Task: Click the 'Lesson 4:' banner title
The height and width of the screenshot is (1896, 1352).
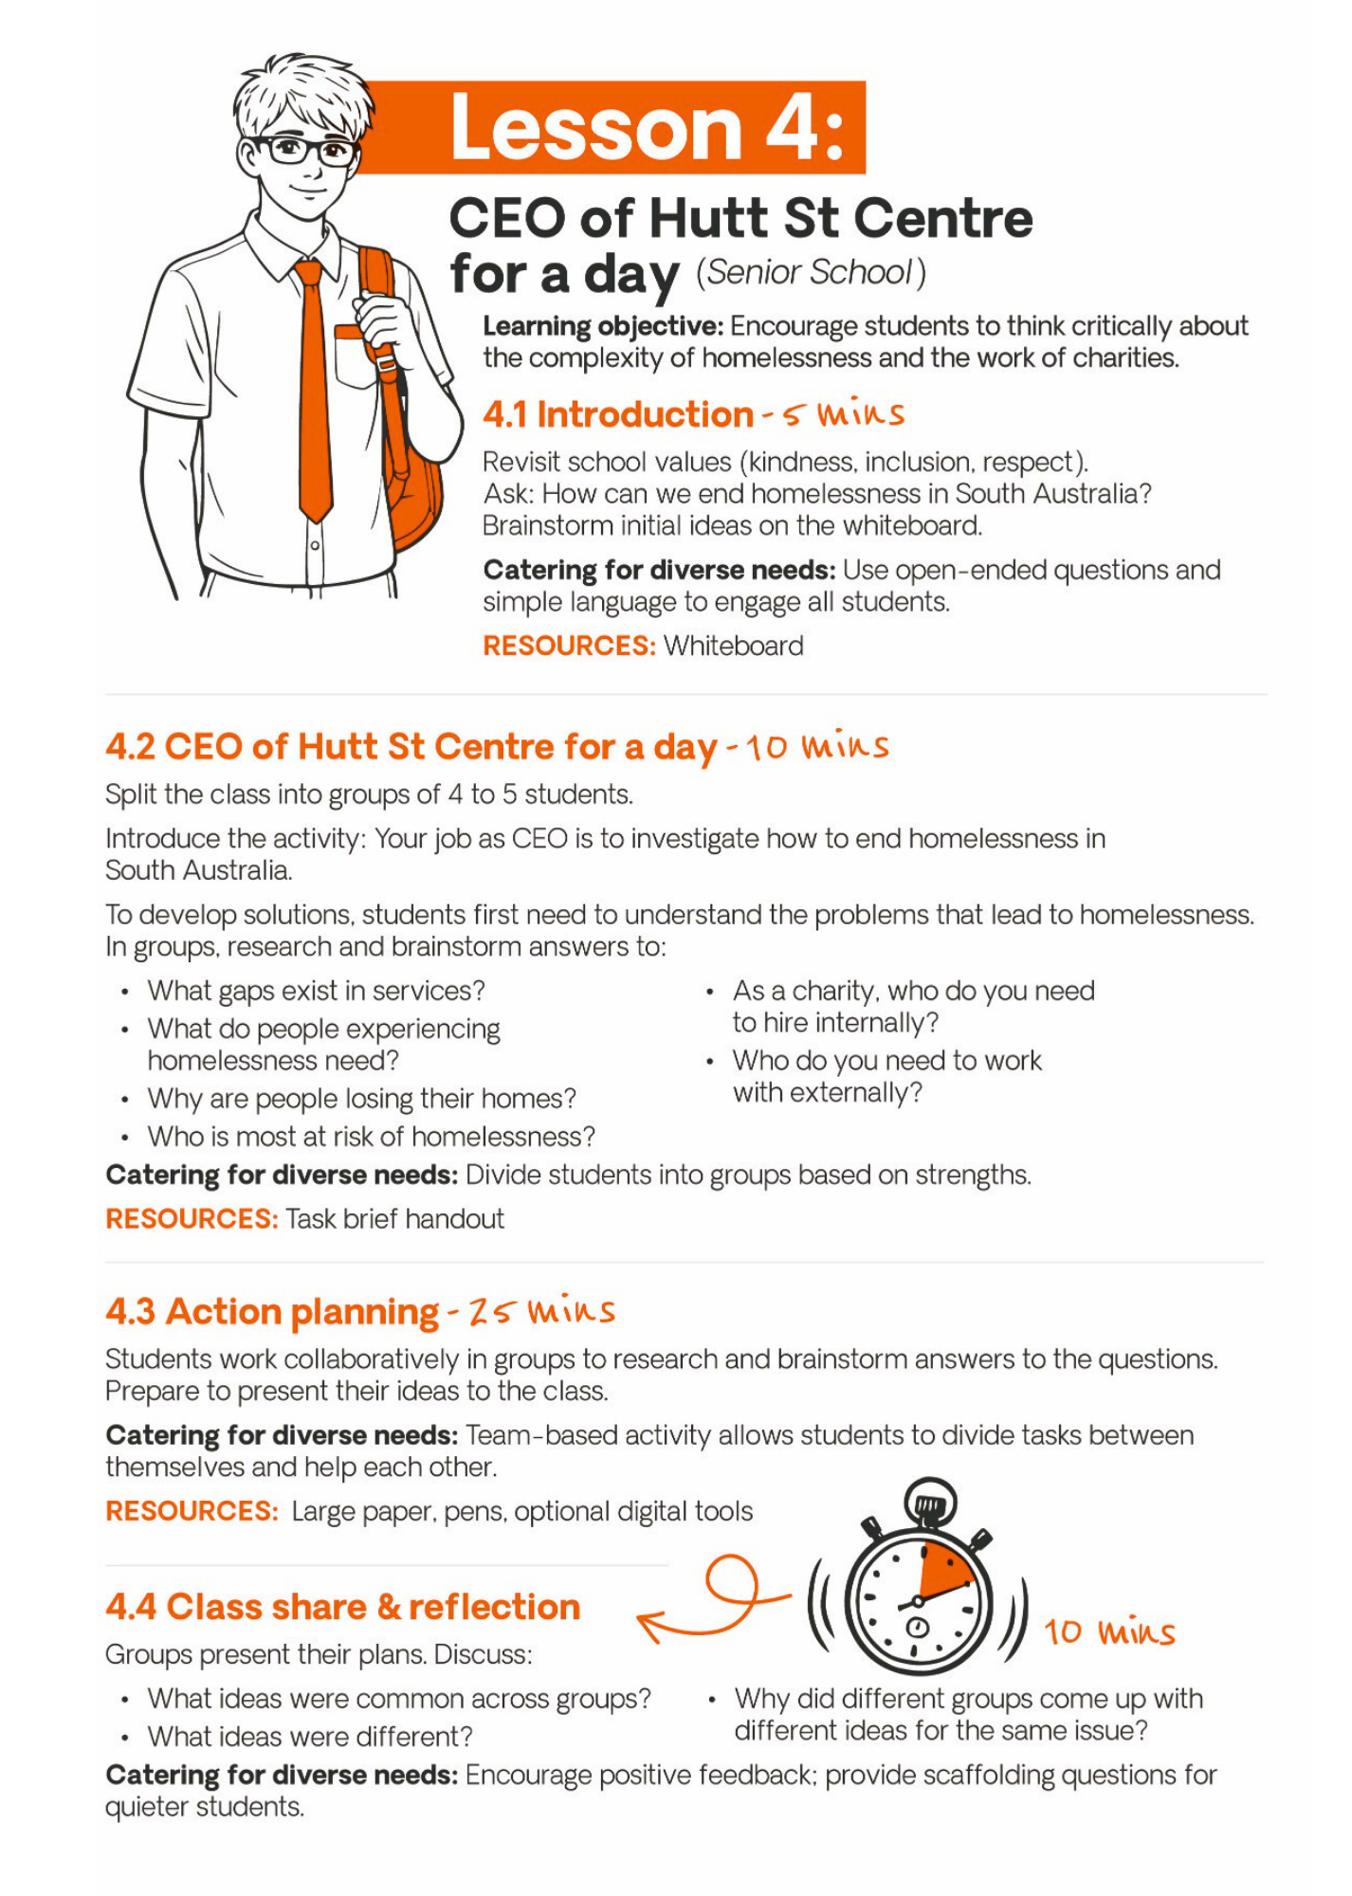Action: [x=647, y=128]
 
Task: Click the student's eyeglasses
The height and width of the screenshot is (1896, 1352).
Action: [x=302, y=151]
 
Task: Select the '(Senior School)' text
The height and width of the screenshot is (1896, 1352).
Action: [x=811, y=273]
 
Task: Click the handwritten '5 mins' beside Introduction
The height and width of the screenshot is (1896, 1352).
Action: [x=844, y=413]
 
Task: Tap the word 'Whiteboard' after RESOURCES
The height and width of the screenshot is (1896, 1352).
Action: [x=733, y=646]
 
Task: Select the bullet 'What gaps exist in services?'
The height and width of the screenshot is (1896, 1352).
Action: [x=316, y=991]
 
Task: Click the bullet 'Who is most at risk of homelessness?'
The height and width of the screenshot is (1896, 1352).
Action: [x=371, y=1137]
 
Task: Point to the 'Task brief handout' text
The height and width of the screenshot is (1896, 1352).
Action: [x=394, y=1219]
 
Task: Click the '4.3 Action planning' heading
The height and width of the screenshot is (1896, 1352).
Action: [x=272, y=1312]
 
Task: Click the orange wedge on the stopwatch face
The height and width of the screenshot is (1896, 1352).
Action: [x=942, y=1570]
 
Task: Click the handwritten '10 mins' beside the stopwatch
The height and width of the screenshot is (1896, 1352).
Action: [x=1109, y=1632]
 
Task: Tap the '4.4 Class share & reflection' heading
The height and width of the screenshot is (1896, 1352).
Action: [x=342, y=1607]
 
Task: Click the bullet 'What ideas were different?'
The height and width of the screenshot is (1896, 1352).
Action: [x=309, y=1737]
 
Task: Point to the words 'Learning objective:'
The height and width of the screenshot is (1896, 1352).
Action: [x=603, y=326]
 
